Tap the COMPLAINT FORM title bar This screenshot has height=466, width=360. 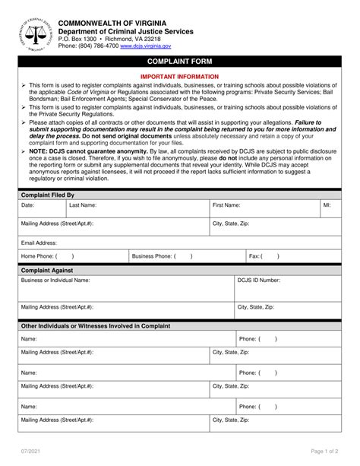coord(180,61)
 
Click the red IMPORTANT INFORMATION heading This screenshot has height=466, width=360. coord(180,77)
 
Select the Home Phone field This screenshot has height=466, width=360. coord(72,257)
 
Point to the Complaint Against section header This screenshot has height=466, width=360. coord(47,270)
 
